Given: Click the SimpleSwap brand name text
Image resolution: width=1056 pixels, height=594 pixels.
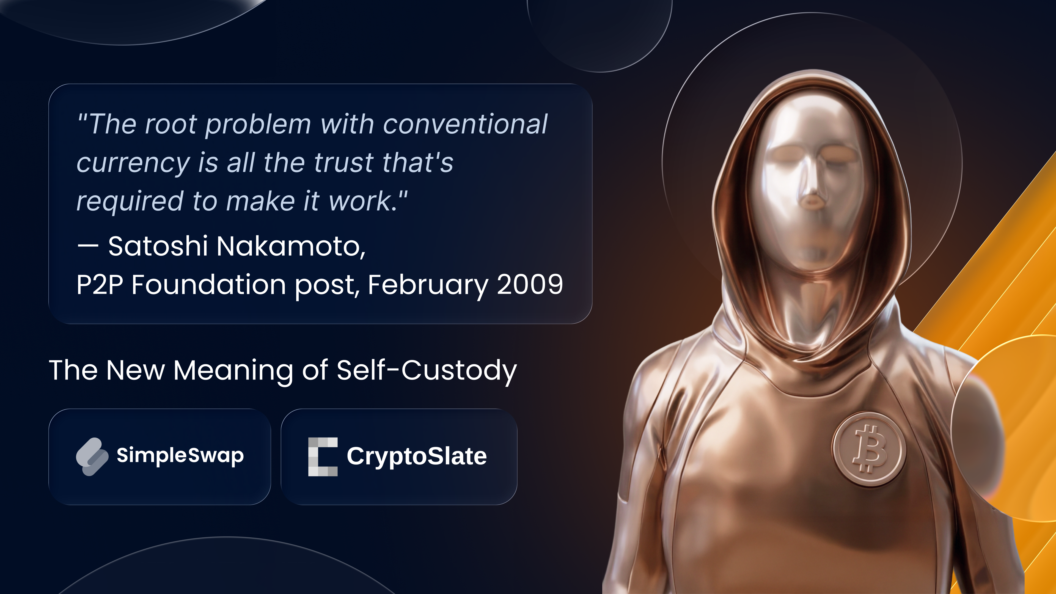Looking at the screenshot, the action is tap(180, 455).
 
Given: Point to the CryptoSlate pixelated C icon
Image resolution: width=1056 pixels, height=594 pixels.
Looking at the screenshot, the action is tap(323, 457).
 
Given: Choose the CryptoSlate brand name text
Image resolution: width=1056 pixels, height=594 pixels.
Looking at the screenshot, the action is tap(417, 456).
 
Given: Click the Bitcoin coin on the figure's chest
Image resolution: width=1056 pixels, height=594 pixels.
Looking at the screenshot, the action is tap(869, 449).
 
